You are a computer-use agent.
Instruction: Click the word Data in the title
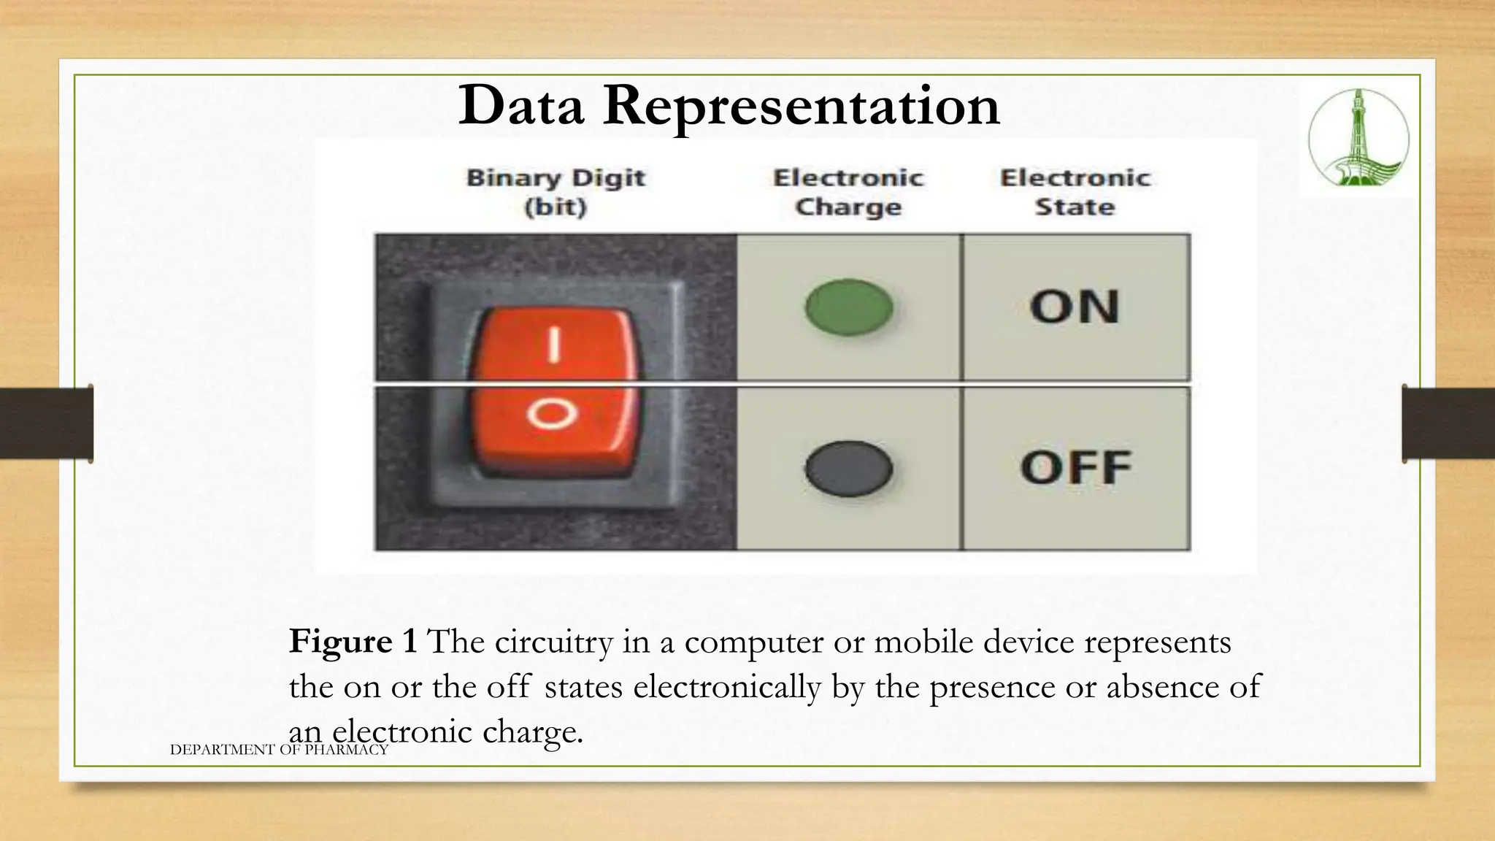[521, 107]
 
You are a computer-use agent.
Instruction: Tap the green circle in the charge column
[849, 307]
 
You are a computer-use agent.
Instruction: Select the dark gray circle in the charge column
[849, 468]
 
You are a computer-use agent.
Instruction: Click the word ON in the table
[1075, 307]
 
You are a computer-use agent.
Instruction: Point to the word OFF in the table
[1076, 468]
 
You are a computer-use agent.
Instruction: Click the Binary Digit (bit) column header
[556, 193]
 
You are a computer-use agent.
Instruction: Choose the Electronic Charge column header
[848, 193]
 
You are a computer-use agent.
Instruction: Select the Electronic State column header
[1075, 193]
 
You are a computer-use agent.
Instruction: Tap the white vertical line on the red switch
[555, 345]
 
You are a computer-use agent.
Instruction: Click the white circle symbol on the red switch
[553, 415]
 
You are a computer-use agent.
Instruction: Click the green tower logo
[1358, 137]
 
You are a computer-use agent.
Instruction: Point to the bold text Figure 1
[353, 642]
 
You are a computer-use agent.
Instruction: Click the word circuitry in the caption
[553, 642]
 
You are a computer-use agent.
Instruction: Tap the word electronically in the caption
[726, 687]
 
